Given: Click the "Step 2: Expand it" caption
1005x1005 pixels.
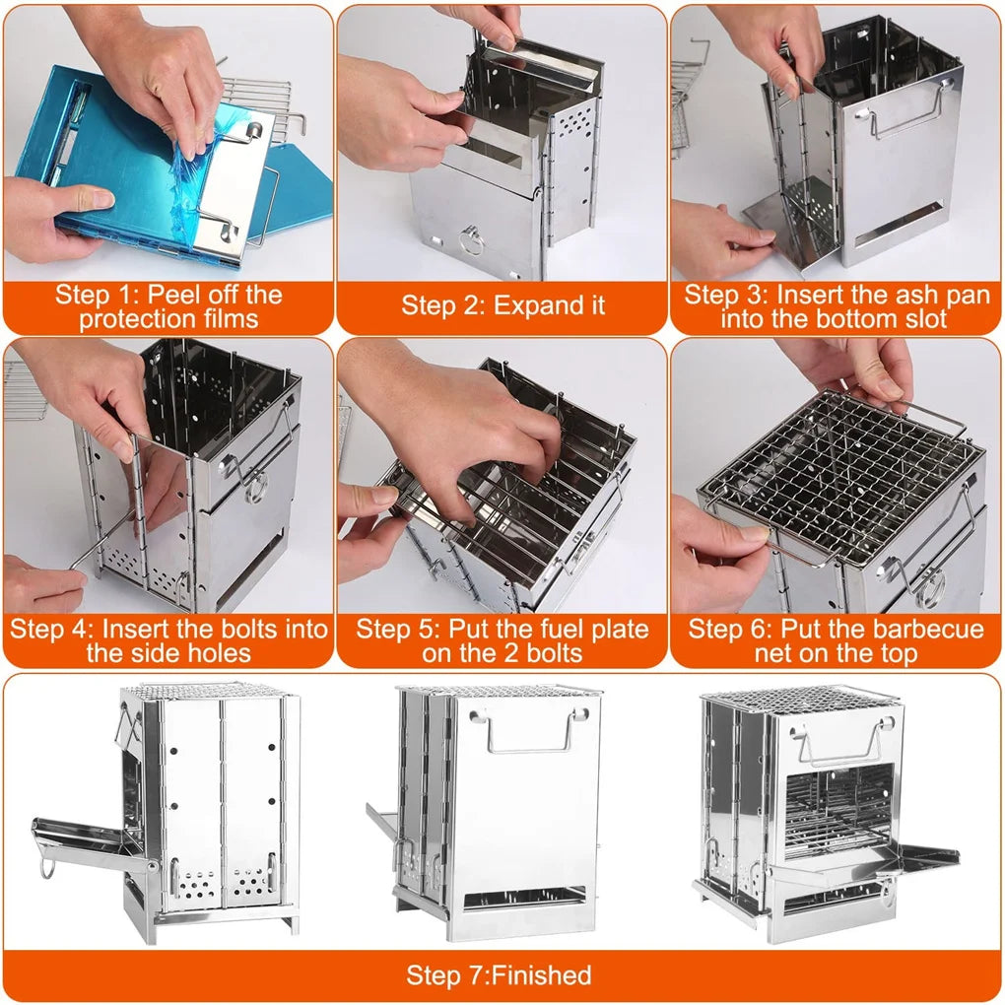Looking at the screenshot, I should pyautogui.click(x=502, y=305).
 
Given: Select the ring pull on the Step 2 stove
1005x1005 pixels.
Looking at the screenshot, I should pyautogui.click(x=472, y=239).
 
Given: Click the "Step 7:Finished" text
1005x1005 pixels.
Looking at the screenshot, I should pyautogui.click(x=500, y=975).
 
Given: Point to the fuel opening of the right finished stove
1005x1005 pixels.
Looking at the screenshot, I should pyautogui.click(x=837, y=808).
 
